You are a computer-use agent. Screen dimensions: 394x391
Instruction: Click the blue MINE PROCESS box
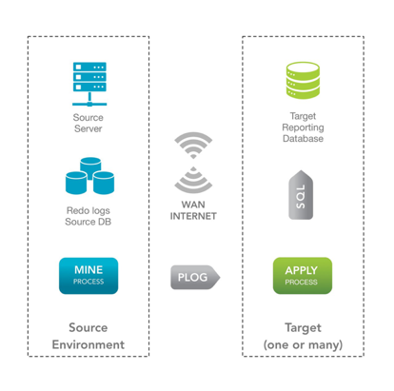coord(89,276)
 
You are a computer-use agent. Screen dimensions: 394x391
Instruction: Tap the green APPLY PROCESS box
coord(303,276)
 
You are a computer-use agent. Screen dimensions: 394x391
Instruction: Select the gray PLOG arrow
coord(195,277)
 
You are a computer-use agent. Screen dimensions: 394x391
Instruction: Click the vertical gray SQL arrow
coord(301,195)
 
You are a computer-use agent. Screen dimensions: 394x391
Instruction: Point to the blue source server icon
coord(89,84)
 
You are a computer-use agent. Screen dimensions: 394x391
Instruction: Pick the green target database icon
coord(303,80)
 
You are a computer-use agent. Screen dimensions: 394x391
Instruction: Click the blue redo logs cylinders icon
coord(89,176)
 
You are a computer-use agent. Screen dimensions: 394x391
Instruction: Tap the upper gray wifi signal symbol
coord(193,145)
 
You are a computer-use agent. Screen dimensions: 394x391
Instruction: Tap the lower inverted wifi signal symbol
coord(193,180)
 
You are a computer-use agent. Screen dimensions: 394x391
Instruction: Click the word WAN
coord(193,205)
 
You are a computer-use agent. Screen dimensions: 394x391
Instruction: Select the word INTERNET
coord(193,216)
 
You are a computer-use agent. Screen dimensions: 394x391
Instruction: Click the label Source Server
coord(89,123)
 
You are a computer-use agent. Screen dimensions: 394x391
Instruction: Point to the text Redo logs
coord(89,210)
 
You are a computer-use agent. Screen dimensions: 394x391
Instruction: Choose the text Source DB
coord(89,222)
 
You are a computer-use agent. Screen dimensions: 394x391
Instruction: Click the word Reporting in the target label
coord(303,127)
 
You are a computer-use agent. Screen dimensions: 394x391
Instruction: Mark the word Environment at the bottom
coord(89,344)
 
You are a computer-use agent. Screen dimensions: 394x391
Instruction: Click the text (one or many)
coord(303,344)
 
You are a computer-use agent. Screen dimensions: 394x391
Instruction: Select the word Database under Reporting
coord(303,139)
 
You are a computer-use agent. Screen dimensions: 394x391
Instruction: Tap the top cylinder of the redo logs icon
coord(90,166)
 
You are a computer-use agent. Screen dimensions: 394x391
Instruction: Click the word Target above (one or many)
coord(303,328)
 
